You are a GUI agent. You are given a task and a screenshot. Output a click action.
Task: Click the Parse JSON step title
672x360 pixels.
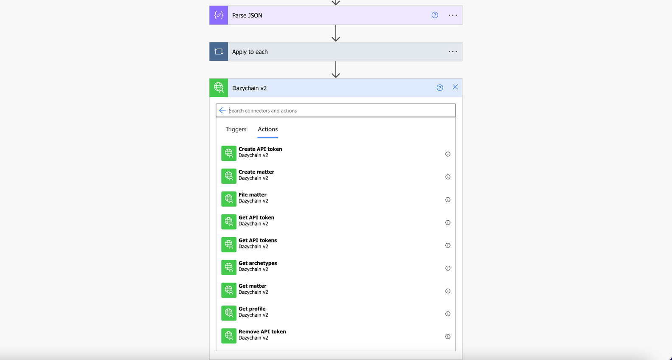[247, 15]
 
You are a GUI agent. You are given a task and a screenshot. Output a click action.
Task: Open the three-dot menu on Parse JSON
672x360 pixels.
[453, 15]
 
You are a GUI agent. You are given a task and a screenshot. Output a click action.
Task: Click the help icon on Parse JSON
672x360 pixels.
[435, 15]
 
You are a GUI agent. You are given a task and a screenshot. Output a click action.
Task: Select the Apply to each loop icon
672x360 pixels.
[219, 52]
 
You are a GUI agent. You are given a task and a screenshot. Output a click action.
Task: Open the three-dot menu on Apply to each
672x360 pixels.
[453, 52]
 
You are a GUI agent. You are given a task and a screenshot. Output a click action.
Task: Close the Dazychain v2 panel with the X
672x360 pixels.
[455, 87]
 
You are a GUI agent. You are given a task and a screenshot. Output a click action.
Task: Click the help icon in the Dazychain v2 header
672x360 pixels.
[440, 87]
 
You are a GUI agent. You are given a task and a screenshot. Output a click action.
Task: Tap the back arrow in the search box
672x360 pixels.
[222, 110]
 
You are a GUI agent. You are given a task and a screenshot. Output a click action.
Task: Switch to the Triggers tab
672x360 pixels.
[236, 129]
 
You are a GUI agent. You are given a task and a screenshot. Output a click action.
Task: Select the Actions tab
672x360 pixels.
[267, 129]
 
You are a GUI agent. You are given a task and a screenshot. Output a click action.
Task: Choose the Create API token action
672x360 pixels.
[260, 149]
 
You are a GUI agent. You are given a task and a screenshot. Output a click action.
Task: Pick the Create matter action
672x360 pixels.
[256, 172]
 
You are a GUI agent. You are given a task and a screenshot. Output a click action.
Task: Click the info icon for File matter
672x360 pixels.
[447, 200]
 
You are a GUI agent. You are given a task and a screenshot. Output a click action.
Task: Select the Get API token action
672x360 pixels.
[256, 217]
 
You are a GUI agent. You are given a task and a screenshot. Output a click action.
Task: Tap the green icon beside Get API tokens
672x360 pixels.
[229, 245]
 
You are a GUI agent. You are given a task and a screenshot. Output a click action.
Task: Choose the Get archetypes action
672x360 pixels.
[258, 263]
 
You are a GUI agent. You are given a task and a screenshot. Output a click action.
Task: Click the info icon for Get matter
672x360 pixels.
[447, 291]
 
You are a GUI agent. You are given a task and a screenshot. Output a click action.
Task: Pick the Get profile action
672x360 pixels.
[252, 309]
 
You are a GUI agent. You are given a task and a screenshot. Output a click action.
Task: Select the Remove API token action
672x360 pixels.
[262, 332]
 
